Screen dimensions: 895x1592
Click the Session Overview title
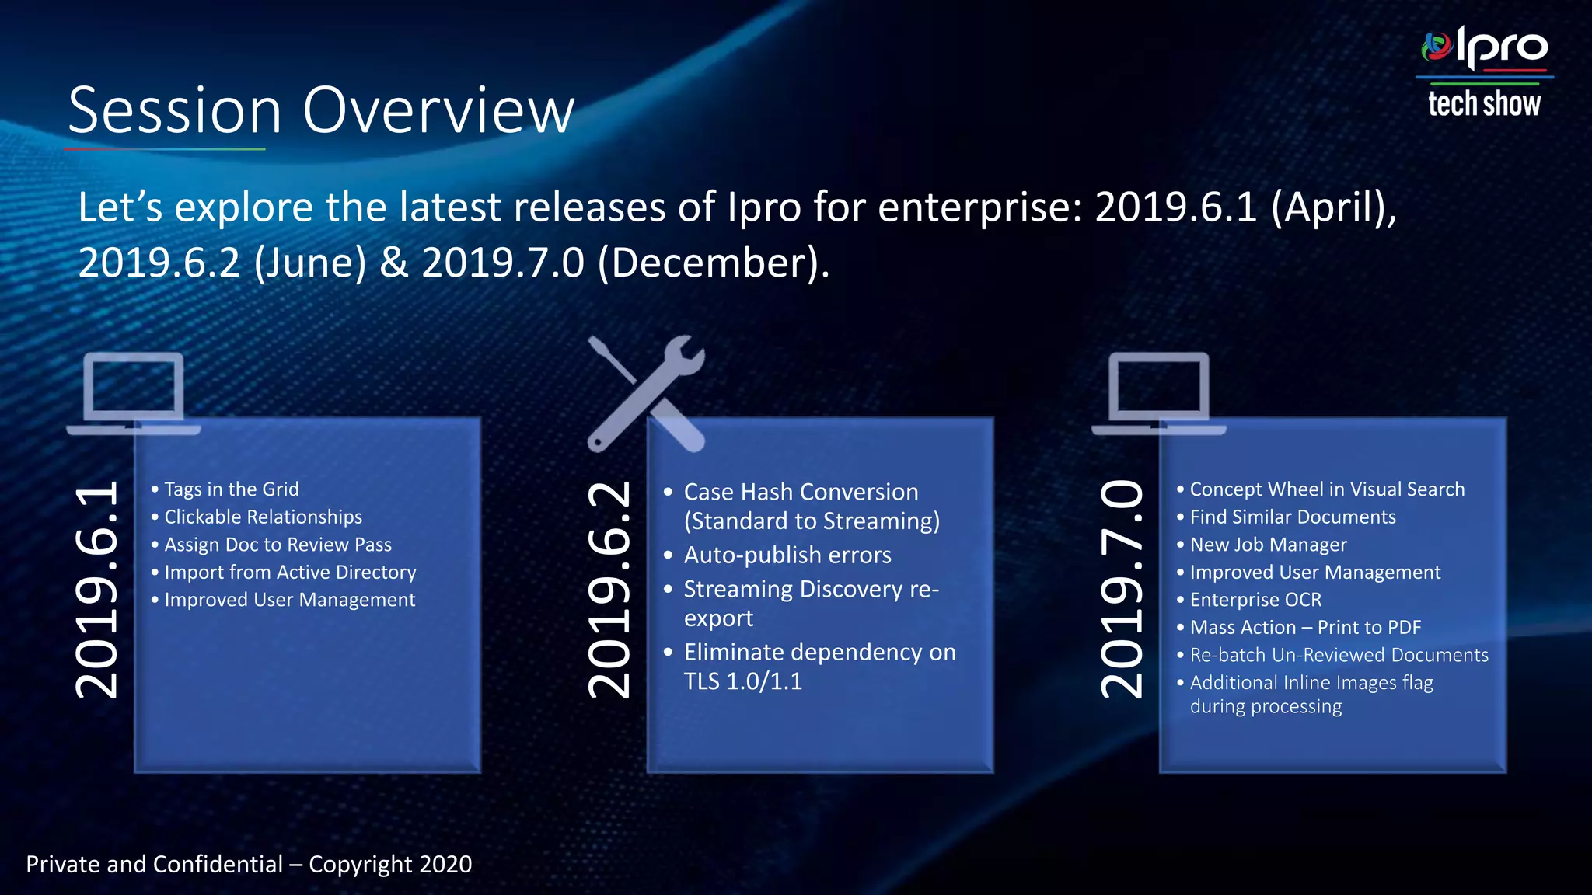point(321,111)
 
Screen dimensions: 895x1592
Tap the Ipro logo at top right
point(1485,48)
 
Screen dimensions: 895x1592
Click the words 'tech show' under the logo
point(1484,104)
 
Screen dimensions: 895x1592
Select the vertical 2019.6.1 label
point(98,589)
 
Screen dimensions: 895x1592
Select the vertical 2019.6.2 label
point(609,589)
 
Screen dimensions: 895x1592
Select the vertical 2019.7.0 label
point(1123,589)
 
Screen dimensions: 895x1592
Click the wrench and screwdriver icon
point(645,393)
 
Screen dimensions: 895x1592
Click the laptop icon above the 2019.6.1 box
point(134,393)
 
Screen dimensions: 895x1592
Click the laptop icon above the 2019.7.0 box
point(1158,393)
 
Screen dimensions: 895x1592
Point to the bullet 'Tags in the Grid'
point(231,489)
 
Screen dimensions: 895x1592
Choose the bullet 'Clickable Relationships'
point(263,517)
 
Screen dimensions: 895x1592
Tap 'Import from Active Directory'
point(290,573)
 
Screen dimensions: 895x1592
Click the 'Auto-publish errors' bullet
point(787,555)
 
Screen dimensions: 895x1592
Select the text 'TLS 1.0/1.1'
point(742,681)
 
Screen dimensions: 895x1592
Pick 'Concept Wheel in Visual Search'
point(1327,489)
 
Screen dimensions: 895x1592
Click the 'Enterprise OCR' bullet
point(1255,600)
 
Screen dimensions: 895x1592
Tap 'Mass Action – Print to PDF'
point(1305,628)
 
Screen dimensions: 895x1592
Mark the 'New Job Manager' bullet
point(1268,545)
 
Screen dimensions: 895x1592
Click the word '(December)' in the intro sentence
point(713,263)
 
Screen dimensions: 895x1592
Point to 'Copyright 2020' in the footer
point(390,865)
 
